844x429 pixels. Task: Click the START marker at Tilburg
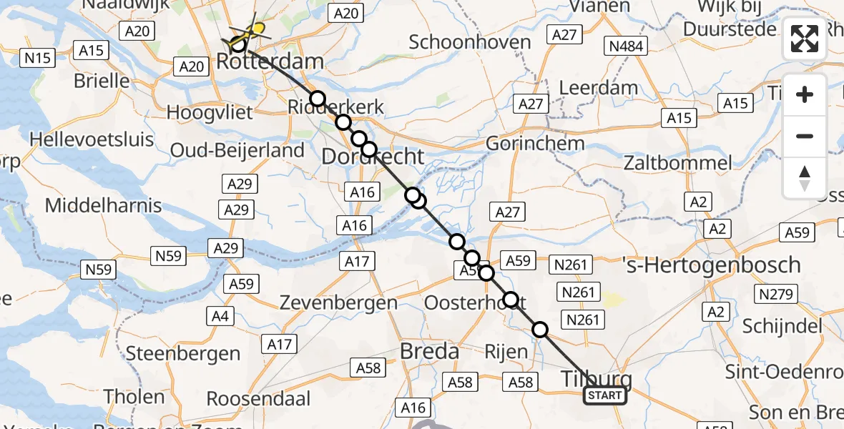[605, 395]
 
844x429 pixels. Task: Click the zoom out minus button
[805, 136]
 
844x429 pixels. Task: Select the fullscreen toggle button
[805, 39]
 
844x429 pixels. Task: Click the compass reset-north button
[805, 177]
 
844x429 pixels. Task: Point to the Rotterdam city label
[270, 61]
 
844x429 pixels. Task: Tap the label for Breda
[429, 351]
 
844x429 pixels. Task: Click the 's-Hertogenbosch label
[711, 265]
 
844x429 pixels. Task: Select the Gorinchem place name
[535, 143]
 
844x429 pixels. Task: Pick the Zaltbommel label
[677, 162]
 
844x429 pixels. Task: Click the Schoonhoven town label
[470, 41]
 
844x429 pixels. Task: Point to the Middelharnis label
[103, 206]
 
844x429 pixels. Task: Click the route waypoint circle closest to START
[540, 330]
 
